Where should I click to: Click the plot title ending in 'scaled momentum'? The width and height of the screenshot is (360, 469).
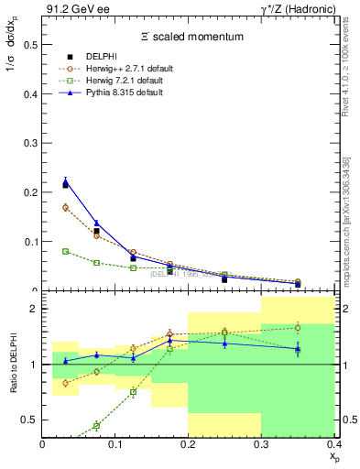[191, 37]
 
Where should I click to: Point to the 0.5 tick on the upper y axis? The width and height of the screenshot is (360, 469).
[29, 44]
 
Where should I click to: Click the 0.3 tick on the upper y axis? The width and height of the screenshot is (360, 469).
[29, 143]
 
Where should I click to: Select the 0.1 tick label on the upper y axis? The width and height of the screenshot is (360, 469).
[29, 242]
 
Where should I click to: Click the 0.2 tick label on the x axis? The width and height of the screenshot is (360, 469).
[189, 444]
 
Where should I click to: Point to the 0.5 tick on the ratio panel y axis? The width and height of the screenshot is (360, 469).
[29, 420]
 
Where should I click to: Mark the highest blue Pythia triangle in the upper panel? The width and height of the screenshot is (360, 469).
[65, 181]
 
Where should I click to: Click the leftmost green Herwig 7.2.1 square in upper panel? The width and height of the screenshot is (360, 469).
[65, 251]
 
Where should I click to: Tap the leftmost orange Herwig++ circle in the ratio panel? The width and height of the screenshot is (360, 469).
[65, 383]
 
